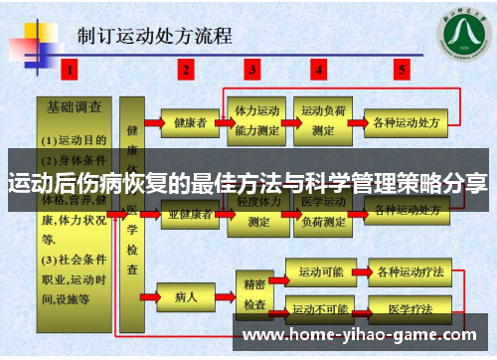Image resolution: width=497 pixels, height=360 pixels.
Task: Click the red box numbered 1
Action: coord(69,70)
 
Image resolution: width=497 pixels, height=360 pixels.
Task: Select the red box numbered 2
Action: coord(186,70)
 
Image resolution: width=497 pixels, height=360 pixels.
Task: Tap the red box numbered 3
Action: coord(253,70)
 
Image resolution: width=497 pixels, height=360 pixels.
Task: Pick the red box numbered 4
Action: coord(319,70)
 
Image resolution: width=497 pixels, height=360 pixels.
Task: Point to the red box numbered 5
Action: coord(402,70)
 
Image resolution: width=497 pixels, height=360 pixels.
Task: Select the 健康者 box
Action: coord(190,123)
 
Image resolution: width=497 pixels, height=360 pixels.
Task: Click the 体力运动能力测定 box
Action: coord(255,120)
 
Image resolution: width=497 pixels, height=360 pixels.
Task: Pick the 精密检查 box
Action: coord(254,289)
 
